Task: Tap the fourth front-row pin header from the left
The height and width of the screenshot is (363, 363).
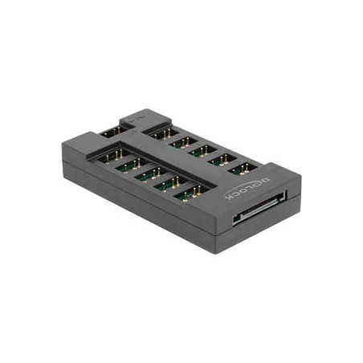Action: [168, 184]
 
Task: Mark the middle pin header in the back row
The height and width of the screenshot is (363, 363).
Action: [204, 149]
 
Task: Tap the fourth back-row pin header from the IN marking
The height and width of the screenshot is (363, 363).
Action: [224, 159]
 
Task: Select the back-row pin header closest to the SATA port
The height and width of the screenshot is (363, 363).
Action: [243, 169]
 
